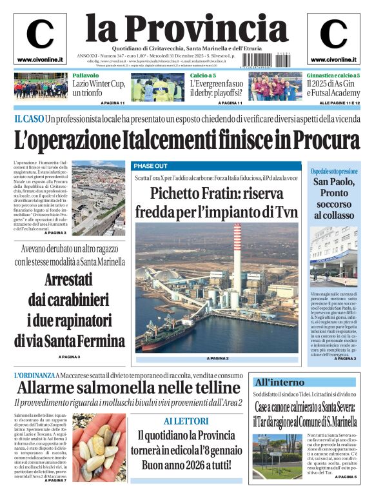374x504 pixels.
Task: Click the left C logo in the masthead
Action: point(40,34)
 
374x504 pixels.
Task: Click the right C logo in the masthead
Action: point(333,34)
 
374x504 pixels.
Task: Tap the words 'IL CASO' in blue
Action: point(29,119)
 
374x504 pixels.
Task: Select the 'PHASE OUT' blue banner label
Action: point(151,165)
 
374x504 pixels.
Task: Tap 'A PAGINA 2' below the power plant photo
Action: point(217,358)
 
